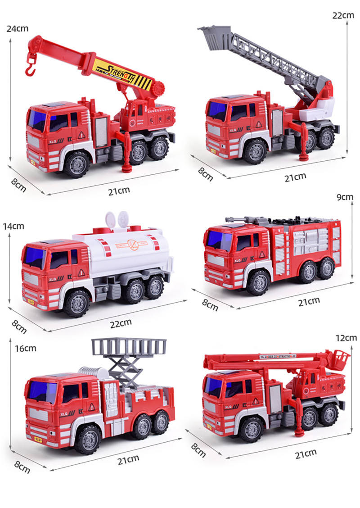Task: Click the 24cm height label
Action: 18,28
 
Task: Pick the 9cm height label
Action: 345,197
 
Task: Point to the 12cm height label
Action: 346,337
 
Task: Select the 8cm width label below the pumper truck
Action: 210,305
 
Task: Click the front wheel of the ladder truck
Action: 255,151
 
